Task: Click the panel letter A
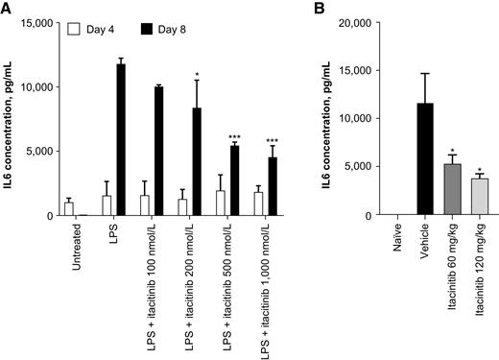tap(7, 9)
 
